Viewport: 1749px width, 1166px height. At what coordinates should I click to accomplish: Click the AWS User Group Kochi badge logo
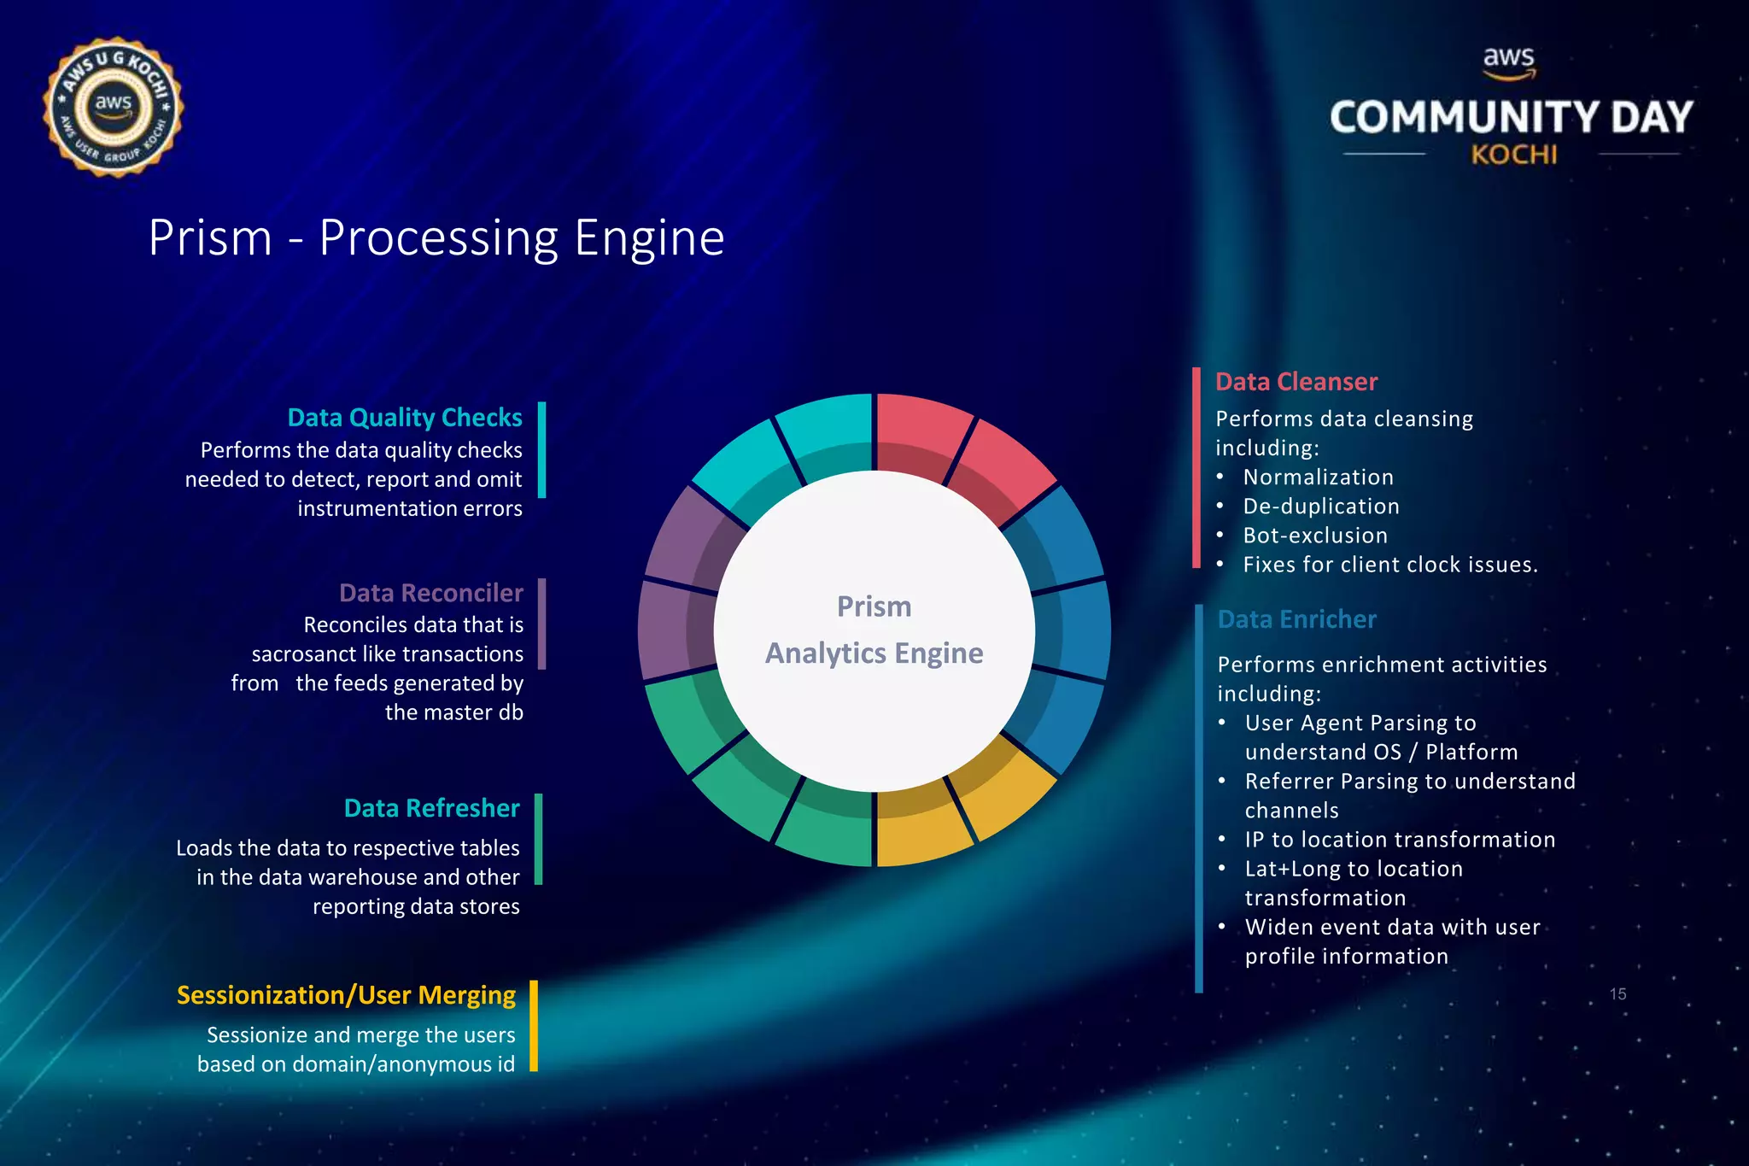[113, 108]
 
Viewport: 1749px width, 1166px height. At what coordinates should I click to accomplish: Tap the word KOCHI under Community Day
[1513, 155]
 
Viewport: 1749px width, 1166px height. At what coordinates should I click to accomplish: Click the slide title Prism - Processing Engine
[436, 237]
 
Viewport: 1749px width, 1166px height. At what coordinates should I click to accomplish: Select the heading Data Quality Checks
[405, 418]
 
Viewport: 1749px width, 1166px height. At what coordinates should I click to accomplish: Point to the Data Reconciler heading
[430, 593]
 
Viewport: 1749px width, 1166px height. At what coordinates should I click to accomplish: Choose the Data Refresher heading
[431, 808]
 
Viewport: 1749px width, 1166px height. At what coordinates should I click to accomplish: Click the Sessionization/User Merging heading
[346, 995]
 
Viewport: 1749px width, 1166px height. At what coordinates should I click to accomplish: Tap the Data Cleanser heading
[1296, 382]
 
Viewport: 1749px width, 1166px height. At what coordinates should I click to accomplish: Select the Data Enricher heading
[1296, 619]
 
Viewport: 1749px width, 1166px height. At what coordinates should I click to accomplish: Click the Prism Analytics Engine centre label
[874, 630]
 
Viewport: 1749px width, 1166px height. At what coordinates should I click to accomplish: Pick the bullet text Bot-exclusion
[1315, 536]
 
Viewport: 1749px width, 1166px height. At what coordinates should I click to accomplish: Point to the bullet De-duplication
[1321, 507]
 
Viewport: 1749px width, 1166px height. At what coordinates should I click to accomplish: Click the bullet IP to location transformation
[1400, 840]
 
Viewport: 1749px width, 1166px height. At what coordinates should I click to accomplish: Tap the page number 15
[1617, 994]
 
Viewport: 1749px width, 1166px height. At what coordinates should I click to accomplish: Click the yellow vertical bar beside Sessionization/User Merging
[534, 1025]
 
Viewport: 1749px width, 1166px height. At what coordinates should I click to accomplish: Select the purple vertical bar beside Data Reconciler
[541, 624]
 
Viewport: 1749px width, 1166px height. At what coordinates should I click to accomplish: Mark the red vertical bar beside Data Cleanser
[1196, 467]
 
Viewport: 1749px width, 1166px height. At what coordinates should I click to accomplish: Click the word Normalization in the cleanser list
[1318, 478]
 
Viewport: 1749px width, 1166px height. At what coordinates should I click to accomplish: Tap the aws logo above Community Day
[1508, 62]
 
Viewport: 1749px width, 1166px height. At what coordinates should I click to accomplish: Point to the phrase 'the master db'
[453, 712]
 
